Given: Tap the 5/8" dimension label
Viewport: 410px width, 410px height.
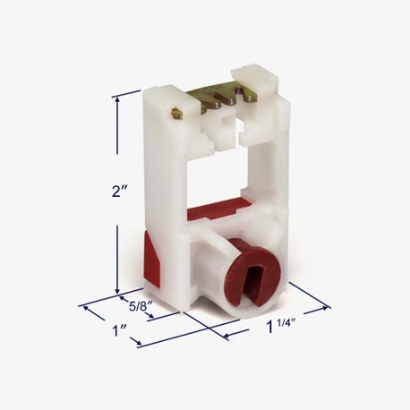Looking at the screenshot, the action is coord(141,306).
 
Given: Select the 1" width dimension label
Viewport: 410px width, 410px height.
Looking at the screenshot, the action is coord(119,330).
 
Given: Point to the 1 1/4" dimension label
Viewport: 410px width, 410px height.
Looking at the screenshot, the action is coord(281,326).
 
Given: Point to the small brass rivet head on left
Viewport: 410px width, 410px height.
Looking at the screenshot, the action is coord(176,113).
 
